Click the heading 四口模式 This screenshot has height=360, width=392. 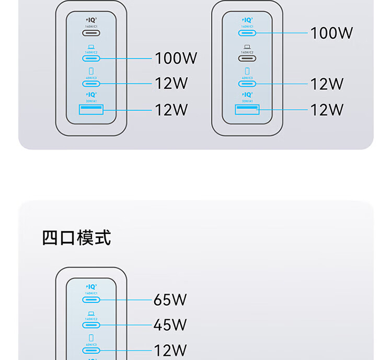(76, 238)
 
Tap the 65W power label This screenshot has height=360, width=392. (170, 300)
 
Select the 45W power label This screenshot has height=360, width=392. (170, 325)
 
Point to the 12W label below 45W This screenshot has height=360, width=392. (170, 350)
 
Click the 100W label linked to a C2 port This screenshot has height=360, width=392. (176, 58)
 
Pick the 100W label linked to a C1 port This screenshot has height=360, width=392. (332, 33)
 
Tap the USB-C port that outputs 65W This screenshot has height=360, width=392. (91, 300)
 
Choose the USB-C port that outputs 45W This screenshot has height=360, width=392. (91, 325)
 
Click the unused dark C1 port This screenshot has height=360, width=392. (91, 33)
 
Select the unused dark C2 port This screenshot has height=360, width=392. (247, 58)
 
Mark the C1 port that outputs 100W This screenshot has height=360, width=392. (247, 33)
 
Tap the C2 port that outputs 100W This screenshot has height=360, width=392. (91, 58)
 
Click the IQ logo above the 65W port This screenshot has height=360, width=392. (91, 286)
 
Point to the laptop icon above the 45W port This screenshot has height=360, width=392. (91, 312)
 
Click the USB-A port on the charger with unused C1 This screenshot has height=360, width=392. (91, 110)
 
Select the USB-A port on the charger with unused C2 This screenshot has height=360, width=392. (247, 110)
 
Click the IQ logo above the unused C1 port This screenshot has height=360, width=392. (91, 20)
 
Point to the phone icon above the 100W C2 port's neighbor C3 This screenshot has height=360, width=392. (91, 71)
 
